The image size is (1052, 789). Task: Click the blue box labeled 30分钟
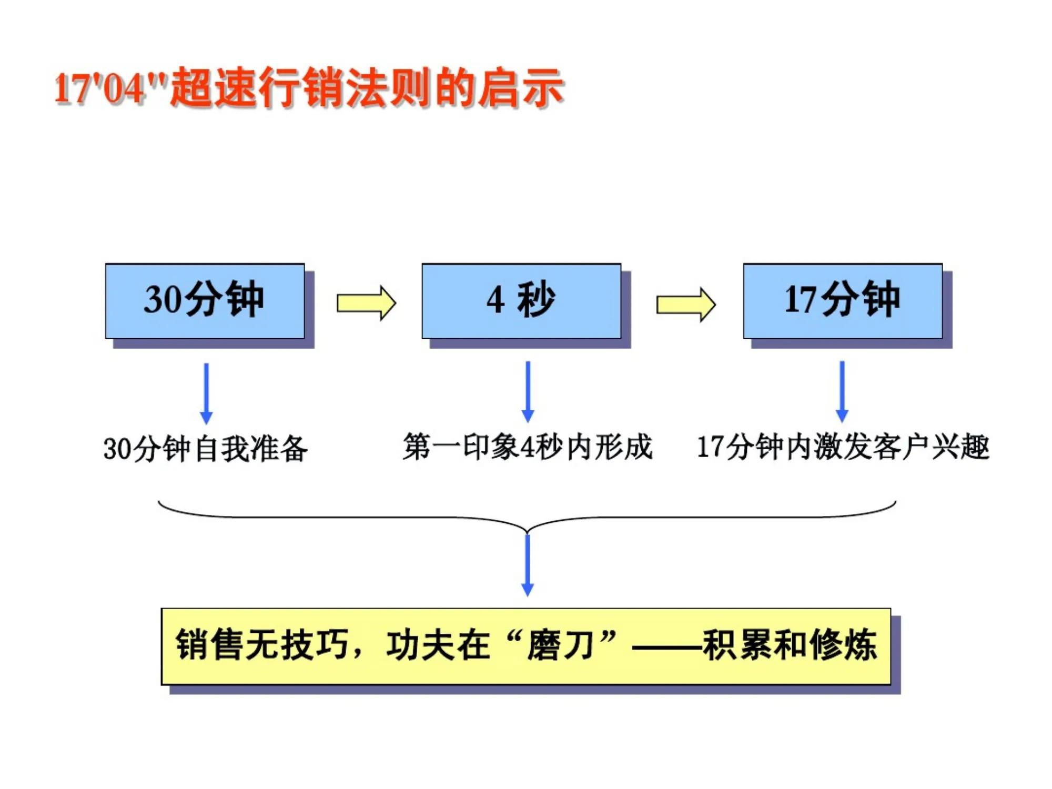point(205,301)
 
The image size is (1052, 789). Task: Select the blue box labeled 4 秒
point(521,301)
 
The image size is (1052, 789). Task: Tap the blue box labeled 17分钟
point(842,301)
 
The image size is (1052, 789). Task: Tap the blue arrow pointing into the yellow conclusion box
point(527,565)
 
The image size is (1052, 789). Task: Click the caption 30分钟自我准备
point(205,449)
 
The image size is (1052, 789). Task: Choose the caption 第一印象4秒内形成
point(528,447)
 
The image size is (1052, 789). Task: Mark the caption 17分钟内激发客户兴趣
point(843,447)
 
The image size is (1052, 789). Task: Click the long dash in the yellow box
point(667,646)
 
